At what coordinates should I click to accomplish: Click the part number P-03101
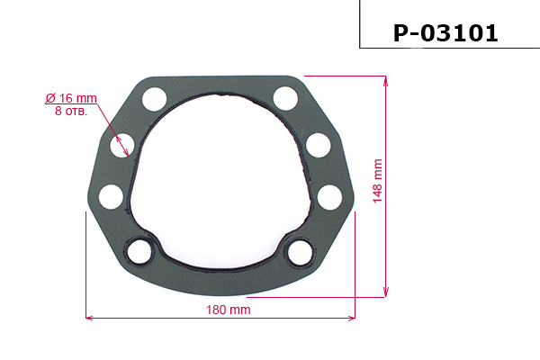[x=445, y=33]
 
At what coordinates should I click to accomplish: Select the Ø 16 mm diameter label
[x=70, y=97]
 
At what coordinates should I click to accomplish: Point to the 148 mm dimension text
[x=377, y=181]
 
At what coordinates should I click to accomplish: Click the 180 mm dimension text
[x=228, y=309]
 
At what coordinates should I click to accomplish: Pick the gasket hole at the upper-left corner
[x=154, y=97]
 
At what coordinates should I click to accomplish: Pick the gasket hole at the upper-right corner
[x=285, y=97]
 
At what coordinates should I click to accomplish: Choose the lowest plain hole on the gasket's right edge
[x=329, y=194]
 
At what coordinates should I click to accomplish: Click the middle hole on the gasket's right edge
[x=318, y=144]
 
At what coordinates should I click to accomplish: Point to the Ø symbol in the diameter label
[x=49, y=97]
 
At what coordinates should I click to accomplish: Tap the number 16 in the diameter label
[x=66, y=97]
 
